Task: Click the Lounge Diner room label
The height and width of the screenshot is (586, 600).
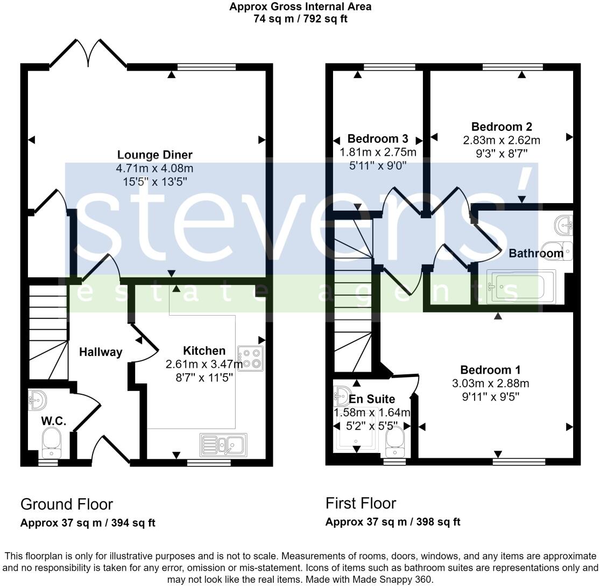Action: (x=154, y=155)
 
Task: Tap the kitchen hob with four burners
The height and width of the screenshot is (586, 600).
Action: (x=251, y=359)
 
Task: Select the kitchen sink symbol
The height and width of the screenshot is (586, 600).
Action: (x=223, y=445)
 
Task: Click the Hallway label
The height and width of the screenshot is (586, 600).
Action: (x=101, y=352)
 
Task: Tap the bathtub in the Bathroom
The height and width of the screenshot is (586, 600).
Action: (x=513, y=285)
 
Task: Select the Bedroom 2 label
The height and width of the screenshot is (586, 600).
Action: (x=502, y=127)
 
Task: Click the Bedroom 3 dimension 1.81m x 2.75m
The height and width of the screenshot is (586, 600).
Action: (x=378, y=152)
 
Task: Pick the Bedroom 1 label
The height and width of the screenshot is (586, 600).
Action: (x=490, y=370)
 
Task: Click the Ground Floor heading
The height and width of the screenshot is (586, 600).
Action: (x=67, y=504)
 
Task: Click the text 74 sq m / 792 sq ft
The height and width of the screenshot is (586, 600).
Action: (x=300, y=19)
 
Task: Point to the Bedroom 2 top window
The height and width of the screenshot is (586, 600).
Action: (x=513, y=67)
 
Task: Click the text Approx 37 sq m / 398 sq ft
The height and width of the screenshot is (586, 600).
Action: (x=393, y=522)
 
